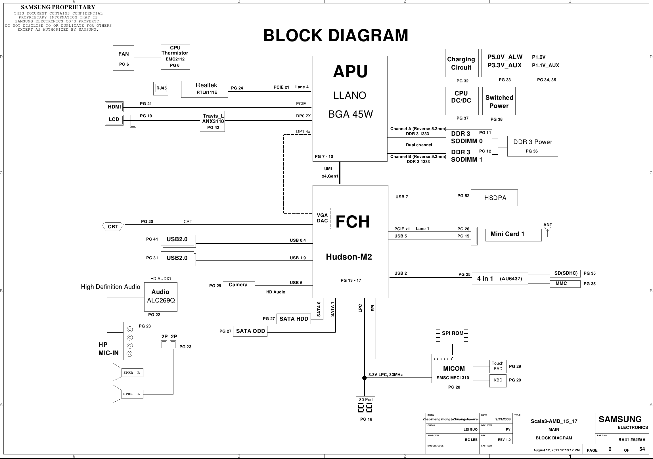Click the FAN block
[124, 58]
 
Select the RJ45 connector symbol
[161, 89]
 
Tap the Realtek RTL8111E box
[204, 89]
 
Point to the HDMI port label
[114, 107]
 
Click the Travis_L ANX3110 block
[212, 121]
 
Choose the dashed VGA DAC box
[322, 218]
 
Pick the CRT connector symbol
[113, 226]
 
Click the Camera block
[238, 285]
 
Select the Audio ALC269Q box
[161, 297]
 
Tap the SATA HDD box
[294, 319]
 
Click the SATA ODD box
[250, 331]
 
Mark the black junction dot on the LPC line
[365, 378]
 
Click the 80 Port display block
[365, 406]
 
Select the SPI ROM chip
[452, 335]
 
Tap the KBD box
[498, 381]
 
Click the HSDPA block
[494, 198]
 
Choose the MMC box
[565, 284]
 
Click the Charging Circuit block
[462, 63]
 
